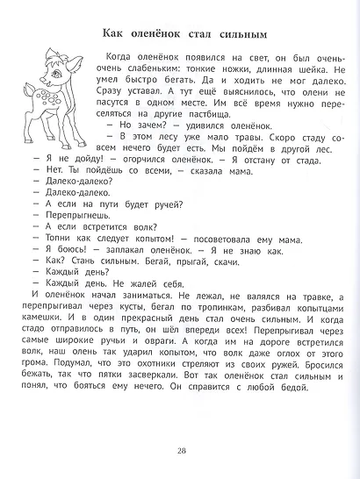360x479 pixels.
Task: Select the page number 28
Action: [181, 451]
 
